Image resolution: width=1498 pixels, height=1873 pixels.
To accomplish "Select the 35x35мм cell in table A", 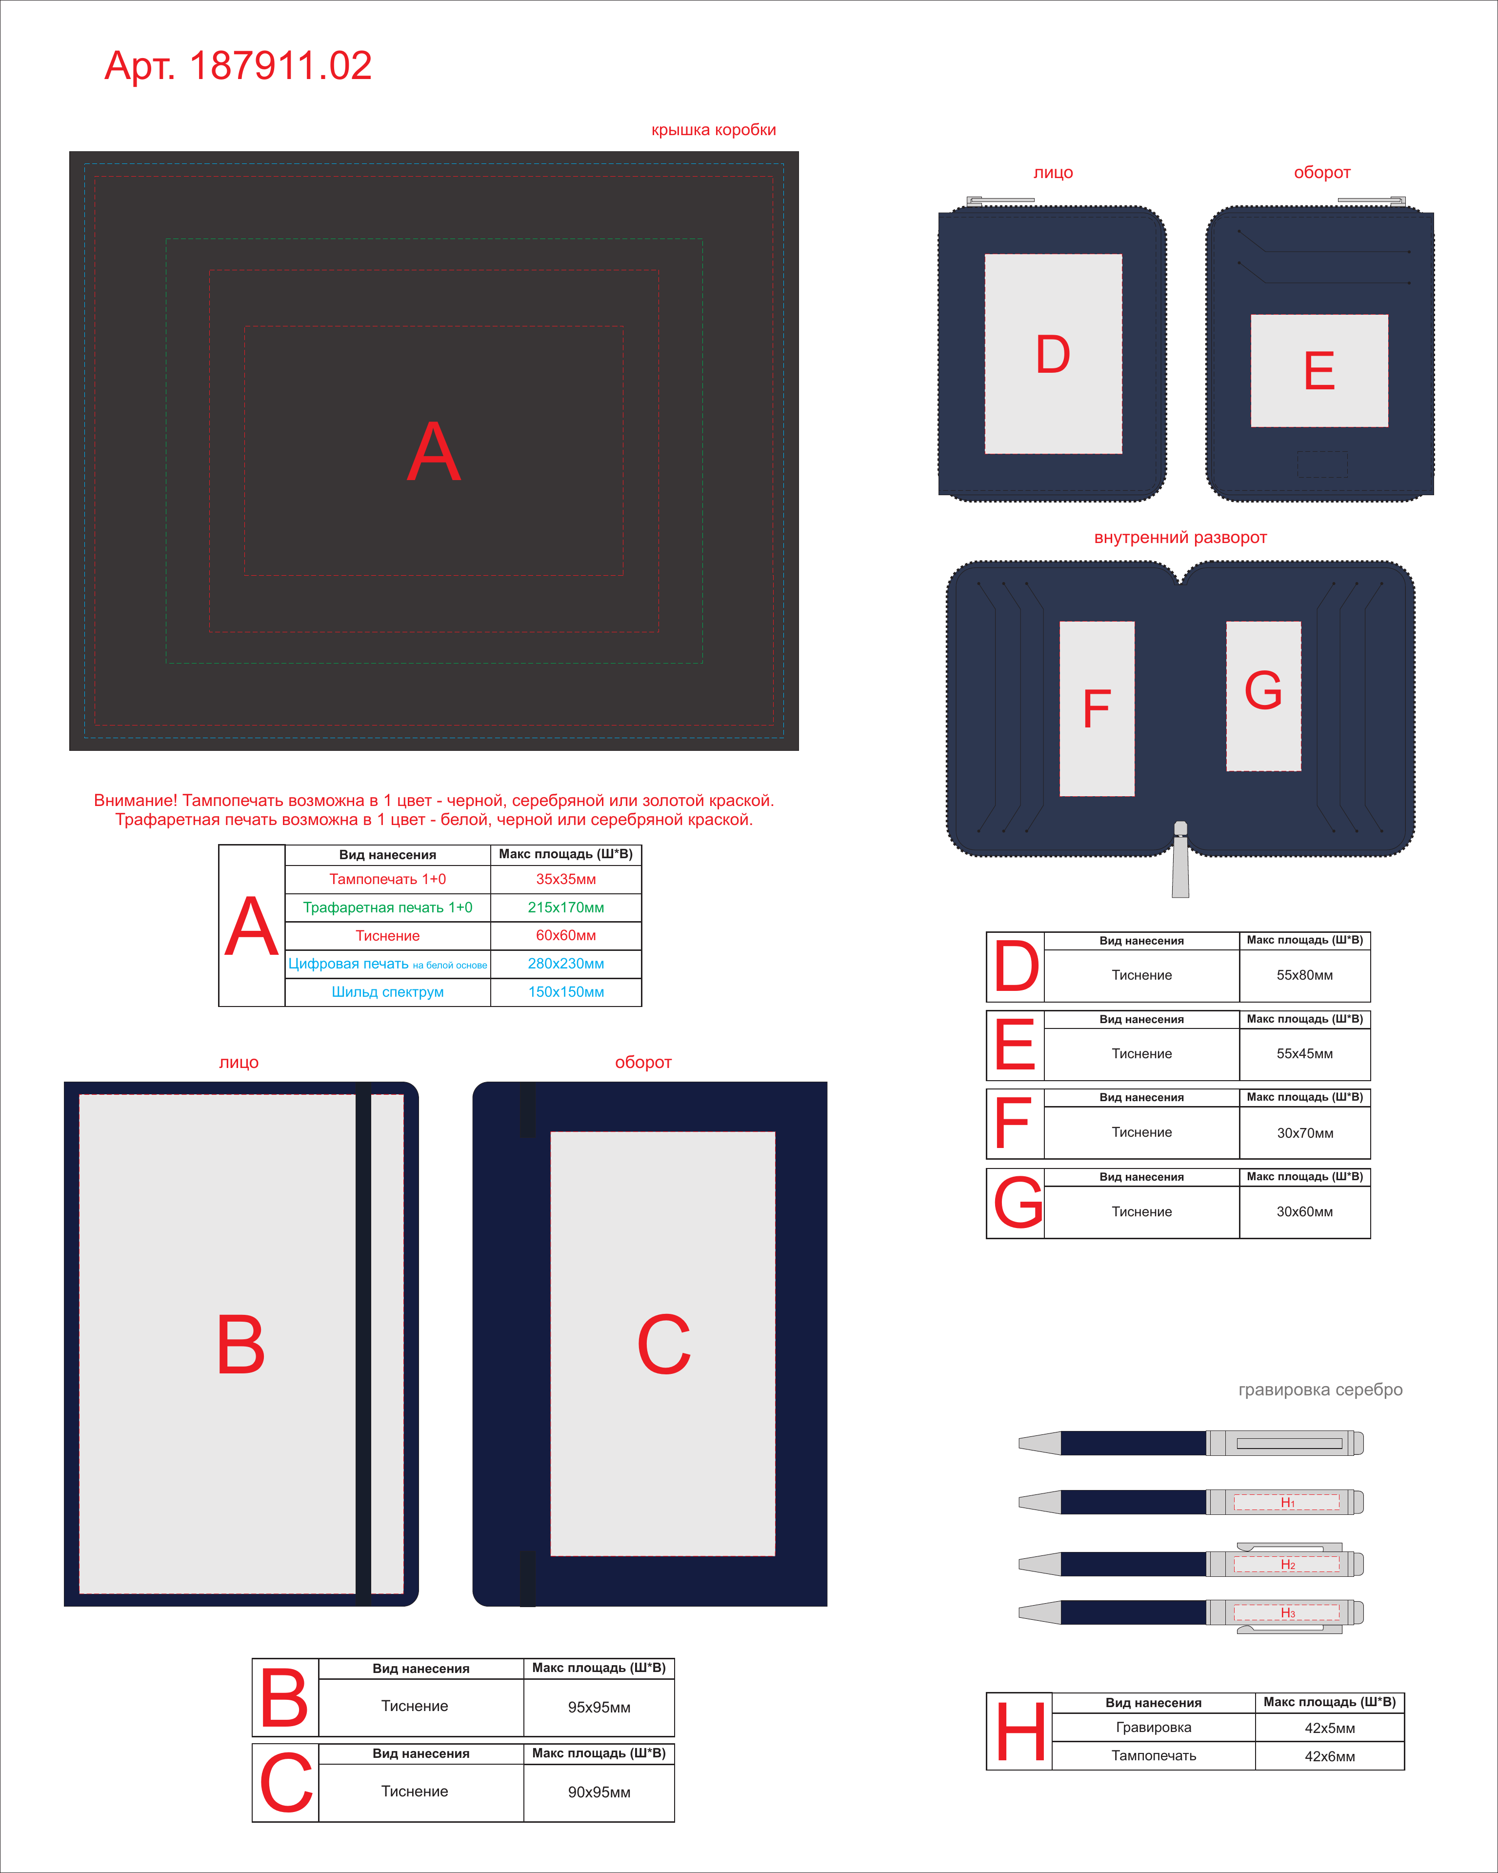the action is [x=566, y=879].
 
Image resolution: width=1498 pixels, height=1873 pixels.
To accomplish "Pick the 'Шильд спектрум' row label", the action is [x=387, y=992].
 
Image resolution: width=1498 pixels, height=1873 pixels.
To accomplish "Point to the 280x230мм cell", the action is [x=566, y=964].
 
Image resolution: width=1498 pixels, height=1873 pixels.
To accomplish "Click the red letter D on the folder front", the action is [x=1053, y=354].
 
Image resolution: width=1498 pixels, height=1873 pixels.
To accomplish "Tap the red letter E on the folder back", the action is [x=1319, y=371].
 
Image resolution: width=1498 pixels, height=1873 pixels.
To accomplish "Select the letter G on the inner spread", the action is [x=1263, y=691].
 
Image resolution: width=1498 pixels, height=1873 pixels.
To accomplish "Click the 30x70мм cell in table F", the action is [x=1304, y=1133].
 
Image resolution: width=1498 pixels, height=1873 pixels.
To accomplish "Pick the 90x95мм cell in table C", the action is [x=599, y=1792].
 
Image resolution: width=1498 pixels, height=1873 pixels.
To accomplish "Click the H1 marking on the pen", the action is [x=1288, y=1502].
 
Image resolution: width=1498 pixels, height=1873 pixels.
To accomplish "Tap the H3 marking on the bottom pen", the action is [x=1288, y=1612].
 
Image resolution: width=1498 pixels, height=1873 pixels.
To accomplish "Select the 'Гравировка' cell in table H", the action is [x=1153, y=1727].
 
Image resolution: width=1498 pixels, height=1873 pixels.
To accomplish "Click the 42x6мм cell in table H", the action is [x=1330, y=1756].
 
